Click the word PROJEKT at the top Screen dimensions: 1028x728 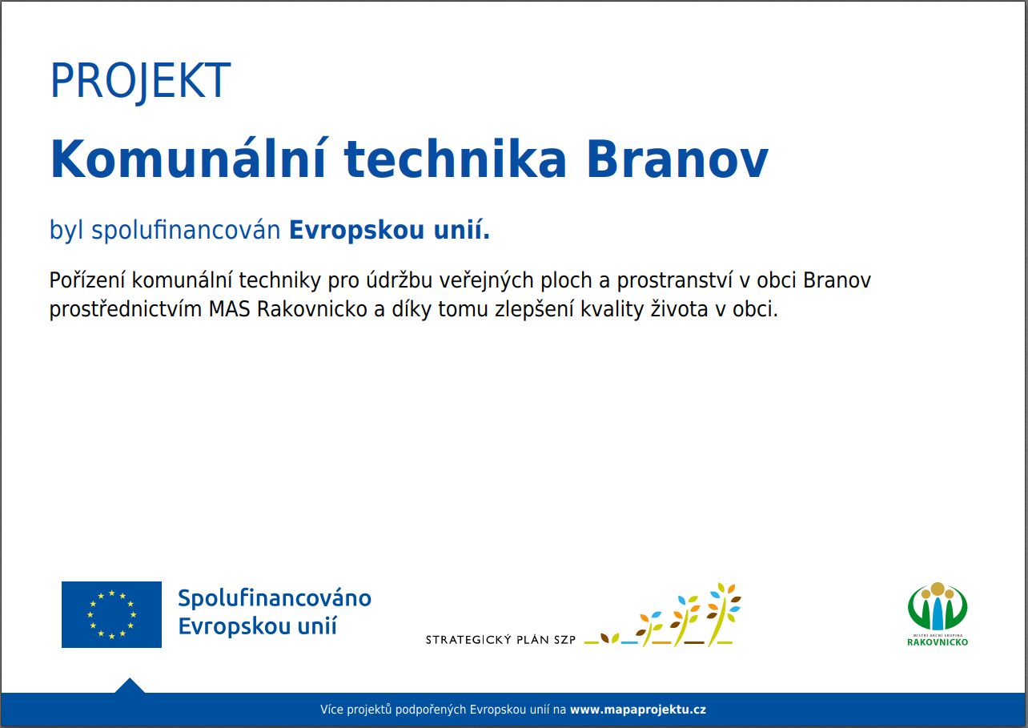click(x=140, y=81)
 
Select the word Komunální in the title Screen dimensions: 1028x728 click(x=188, y=158)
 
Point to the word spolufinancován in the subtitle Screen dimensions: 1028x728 click(x=186, y=231)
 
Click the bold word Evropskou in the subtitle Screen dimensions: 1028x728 click(x=356, y=231)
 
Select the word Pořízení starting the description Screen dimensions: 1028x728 click(x=87, y=280)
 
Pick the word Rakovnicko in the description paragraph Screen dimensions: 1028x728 click(x=312, y=309)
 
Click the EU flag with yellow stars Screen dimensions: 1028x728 click(x=111, y=614)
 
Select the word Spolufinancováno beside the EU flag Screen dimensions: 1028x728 click(x=275, y=599)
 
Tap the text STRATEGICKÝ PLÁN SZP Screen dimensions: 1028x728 click(x=500, y=640)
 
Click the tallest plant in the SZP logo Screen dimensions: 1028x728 click(x=724, y=614)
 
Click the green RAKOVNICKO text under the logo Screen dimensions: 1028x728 click(x=938, y=642)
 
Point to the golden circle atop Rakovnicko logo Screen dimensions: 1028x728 click(x=938, y=589)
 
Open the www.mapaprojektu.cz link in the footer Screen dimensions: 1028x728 click(x=638, y=710)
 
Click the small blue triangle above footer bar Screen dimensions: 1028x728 click(x=130, y=686)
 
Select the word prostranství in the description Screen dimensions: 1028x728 click(x=675, y=280)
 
